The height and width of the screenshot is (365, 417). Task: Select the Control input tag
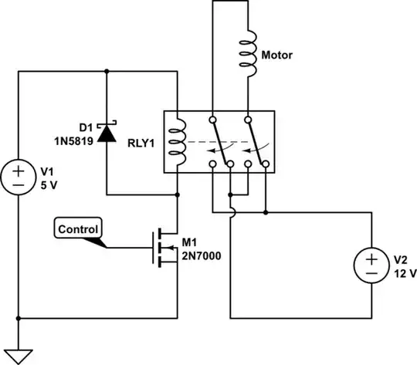tap(77, 229)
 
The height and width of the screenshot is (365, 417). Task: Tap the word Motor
tap(276, 56)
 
